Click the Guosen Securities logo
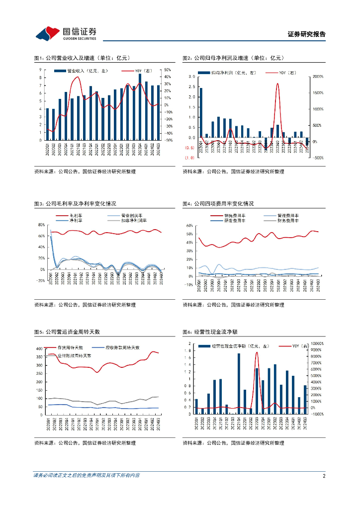66,33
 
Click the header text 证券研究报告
306,34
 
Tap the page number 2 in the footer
324,476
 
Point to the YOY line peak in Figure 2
277,84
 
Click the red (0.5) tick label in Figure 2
189,148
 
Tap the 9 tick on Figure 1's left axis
41,70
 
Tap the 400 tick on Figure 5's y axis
38,349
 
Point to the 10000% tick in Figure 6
317,343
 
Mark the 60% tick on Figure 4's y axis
189,225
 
